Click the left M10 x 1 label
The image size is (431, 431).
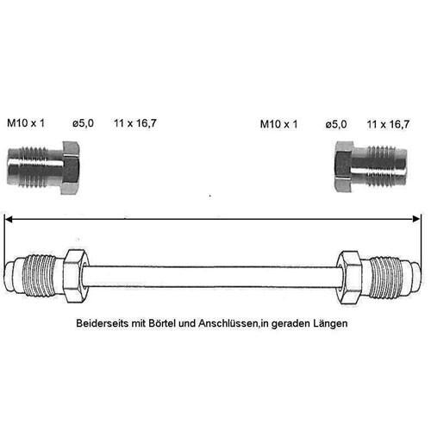26,123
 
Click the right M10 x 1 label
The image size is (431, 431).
278,124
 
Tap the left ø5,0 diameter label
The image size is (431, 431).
83,123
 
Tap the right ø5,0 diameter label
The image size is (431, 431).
336,124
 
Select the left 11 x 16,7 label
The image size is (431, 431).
135,123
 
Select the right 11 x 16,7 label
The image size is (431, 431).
388,124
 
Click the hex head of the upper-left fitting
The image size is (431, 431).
71,168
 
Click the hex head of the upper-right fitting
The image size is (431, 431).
344,166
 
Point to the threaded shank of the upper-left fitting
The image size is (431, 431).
34,167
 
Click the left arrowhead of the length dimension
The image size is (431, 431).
9,220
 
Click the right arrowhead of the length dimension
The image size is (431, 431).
415,219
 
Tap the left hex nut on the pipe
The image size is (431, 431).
75,276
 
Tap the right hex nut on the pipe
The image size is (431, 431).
349,277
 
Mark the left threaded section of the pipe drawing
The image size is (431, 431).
40,275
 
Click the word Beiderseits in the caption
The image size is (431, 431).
103,323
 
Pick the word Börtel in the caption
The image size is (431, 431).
162,323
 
